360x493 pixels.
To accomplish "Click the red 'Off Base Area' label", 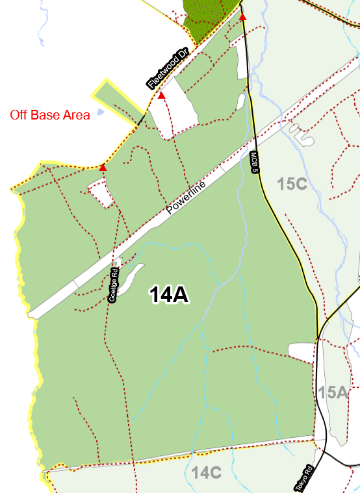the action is pyautogui.click(x=49, y=116).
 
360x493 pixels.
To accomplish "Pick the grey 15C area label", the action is pyautogui.click(x=291, y=184).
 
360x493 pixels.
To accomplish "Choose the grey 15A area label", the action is pyautogui.click(x=333, y=392).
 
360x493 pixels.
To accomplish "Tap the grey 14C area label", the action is pyautogui.click(x=207, y=473).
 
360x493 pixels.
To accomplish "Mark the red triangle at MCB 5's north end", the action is pyautogui.click(x=242, y=17).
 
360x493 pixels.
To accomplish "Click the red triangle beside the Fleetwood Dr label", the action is pyautogui.click(x=162, y=95).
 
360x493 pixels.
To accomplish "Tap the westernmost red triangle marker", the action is pyautogui.click(x=103, y=168).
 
